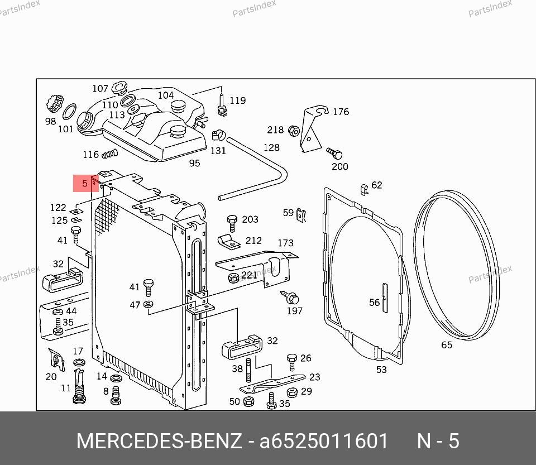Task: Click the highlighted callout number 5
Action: click(85, 184)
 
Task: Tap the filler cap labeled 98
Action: click(55, 103)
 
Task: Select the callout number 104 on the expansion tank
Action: click(166, 95)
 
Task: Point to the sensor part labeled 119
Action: click(222, 106)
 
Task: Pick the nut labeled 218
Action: click(294, 131)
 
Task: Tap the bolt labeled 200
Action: click(334, 154)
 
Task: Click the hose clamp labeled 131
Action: click(218, 135)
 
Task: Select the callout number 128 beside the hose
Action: click(271, 147)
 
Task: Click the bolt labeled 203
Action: click(232, 223)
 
